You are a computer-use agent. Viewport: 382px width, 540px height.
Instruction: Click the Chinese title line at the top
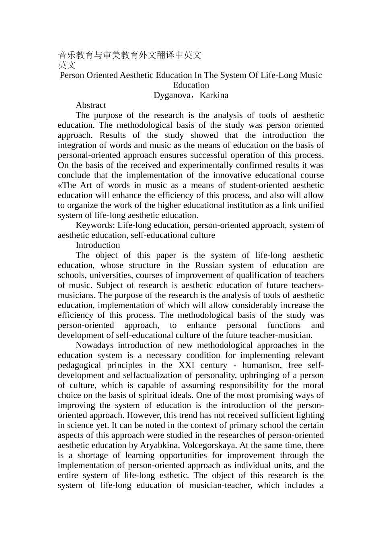pyautogui.click(x=129, y=55)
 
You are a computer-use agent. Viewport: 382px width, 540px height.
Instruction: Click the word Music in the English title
pyautogui.click(x=311, y=75)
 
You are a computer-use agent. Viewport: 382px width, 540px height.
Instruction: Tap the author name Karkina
pyautogui.click(x=214, y=95)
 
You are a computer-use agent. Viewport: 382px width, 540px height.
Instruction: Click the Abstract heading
pyautogui.click(x=91, y=105)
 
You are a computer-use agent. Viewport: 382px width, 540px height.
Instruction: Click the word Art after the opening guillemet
pyautogui.click(x=86, y=185)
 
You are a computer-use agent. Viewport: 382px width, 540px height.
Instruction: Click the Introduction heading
pyautogui.click(x=98, y=245)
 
